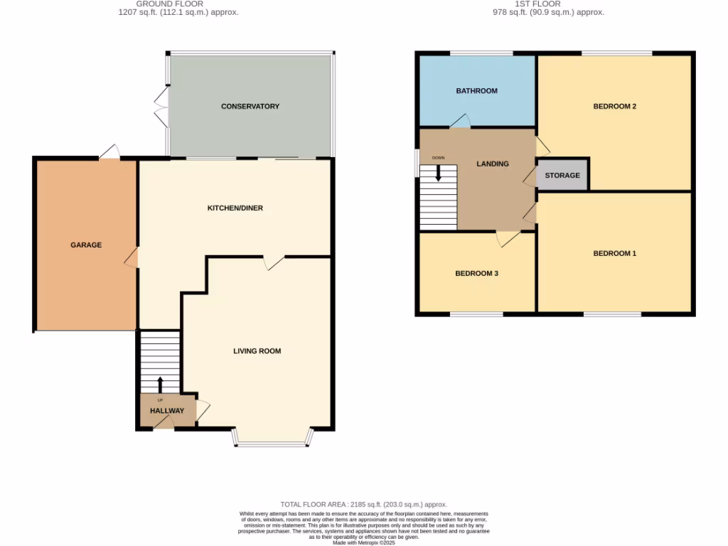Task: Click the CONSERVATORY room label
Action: point(250,107)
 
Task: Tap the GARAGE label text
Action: point(86,245)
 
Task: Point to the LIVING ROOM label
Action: point(257,351)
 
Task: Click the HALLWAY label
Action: point(167,411)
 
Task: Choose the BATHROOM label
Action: point(476,91)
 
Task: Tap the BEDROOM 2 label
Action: point(614,107)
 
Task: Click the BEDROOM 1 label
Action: point(614,254)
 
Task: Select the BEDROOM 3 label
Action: point(476,273)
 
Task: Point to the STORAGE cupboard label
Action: point(562,176)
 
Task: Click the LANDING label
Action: point(493,164)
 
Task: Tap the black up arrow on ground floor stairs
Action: point(159,385)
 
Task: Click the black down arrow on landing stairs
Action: point(438,173)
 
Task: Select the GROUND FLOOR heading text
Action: point(178,4)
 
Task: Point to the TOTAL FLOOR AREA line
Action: point(364,504)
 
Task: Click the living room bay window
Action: point(272,443)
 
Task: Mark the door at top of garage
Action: point(109,152)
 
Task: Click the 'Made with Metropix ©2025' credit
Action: point(364,542)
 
